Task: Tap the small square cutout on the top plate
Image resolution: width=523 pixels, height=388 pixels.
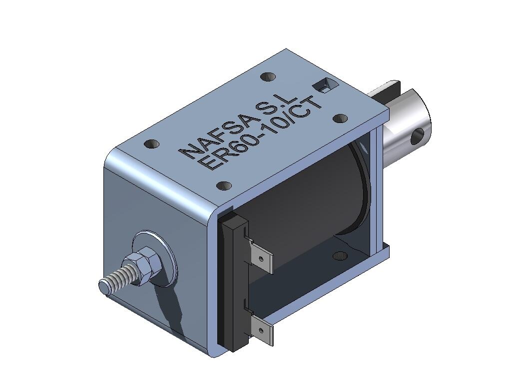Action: pyautogui.click(x=324, y=86)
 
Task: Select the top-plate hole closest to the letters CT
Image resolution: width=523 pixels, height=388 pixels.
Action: pyautogui.click(x=340, y=118)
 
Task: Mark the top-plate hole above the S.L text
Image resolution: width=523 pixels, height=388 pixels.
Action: pyautogui.click(x=268, y=77)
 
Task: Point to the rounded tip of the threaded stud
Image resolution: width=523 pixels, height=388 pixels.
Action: pyautogui.click(x=104, y=287)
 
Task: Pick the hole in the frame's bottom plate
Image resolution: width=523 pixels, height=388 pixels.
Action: pyautogui.click(x=340, y=255)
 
